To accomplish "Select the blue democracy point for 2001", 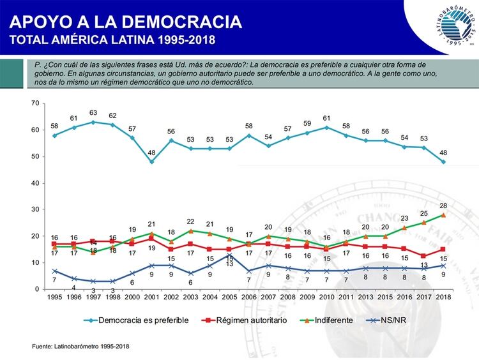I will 151,161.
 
